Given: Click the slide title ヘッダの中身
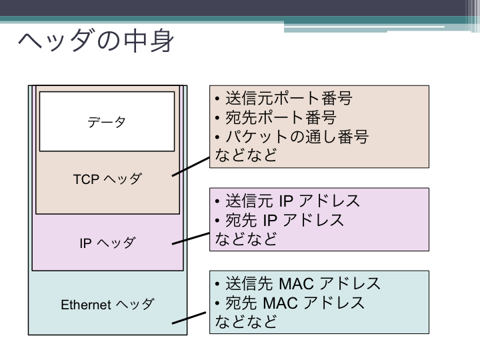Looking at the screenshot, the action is pyautogui.click(x=96, y=41).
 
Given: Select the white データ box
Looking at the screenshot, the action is pyautogui.click(x=107, y=121).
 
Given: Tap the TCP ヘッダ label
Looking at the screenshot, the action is pyautogui.click(x=107, y=179).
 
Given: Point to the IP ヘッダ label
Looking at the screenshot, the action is pyautogui.click(x=107, y=243).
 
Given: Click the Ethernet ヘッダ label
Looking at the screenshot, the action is pyautogui.click(x=107, y=305).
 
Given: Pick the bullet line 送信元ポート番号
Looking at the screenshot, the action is pyautogui.click(x=284, y=98).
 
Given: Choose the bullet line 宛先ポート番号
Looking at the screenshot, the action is pyautogui.click(x=276, y=117).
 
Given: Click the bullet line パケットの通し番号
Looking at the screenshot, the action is pyautogui.click(x=292, y=136).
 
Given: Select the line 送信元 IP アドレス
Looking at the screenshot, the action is pyautogui.click(x=287, y=201).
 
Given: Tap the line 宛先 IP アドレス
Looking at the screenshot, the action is pyautogui.click(x=279, y=220).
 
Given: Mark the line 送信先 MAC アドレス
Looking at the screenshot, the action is pyautogui.click(x=298, y=283).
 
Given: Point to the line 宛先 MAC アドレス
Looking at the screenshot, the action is pyautogui.click(x=290, y=303).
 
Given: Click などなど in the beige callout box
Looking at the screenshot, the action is pyautogui.click(x=246, y=155).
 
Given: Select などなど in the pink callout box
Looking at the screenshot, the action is pyautogui.click(x=246, y=239).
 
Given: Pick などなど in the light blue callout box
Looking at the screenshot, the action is pyautogui.click(x=246, y=321).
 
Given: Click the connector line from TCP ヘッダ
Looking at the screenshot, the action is pyautogui.click(x=191, y=167).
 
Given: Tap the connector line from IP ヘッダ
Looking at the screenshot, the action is pyautogui.click(x=191, y=239).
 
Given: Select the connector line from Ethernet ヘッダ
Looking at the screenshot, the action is pyautogui.click(x=189, y=318).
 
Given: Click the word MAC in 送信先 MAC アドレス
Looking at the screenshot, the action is pyautogui.click(x=296, y=283).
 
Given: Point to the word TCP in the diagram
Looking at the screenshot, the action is pyautogui.click(x=86, y=179).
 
